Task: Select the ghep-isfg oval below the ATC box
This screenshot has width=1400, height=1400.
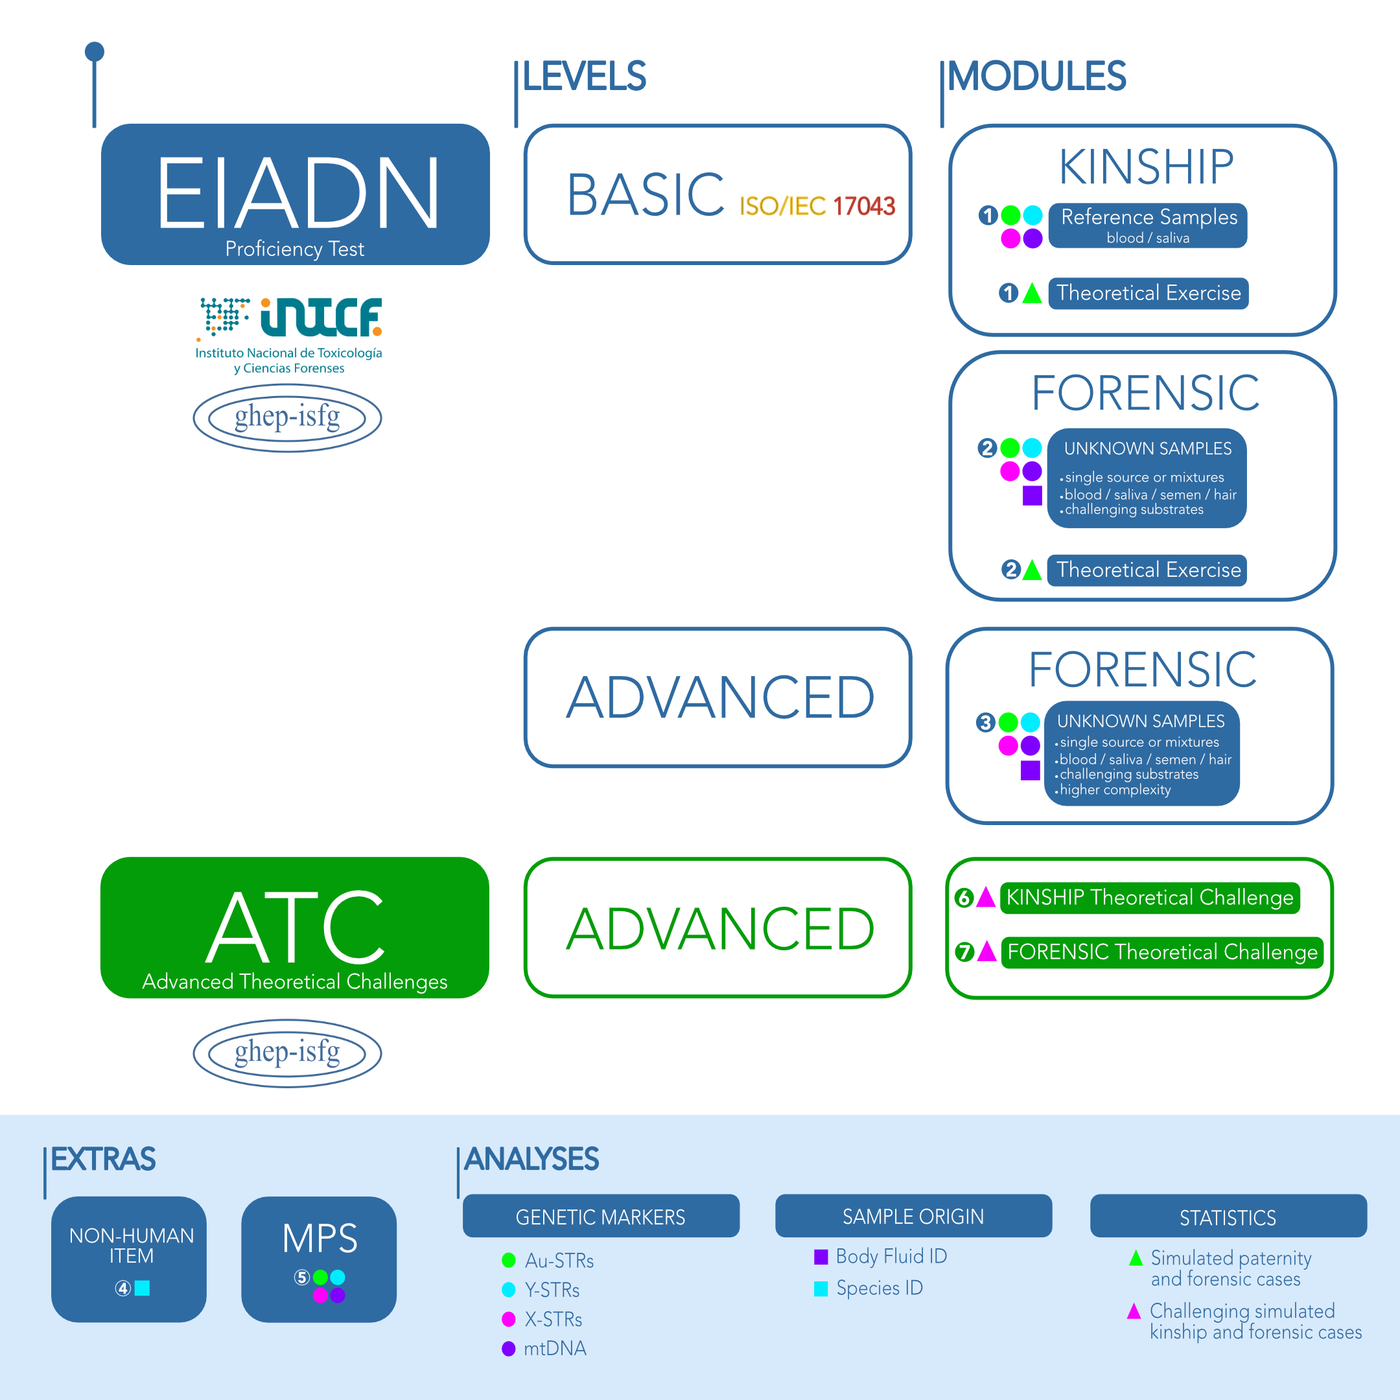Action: (x=287, y=1053)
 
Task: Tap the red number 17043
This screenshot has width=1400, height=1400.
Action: (x=864, y=207)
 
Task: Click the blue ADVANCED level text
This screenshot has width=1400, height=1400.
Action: (x=720, y=698)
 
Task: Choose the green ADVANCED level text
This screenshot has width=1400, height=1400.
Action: (x=720, y=929)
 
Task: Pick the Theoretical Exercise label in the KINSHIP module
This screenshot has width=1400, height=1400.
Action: (x=1148, y=293)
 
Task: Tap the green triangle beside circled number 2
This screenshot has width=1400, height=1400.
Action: (x=1032, y=570)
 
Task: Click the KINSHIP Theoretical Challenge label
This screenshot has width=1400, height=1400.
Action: (x=1149, y=897)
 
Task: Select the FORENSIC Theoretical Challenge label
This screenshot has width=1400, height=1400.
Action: (x=1161, y=951)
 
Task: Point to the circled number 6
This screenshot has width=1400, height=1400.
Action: (x=964, y=898)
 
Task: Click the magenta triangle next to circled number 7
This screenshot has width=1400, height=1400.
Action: (x=987, y=952)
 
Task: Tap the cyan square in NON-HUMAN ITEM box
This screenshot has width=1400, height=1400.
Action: (x=143, y=1288)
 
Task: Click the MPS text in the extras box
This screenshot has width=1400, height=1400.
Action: (x=320, y=1239)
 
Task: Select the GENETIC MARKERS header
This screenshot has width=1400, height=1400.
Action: (x=601, y=1217)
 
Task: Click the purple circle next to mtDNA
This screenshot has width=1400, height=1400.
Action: (x=509, y=1349)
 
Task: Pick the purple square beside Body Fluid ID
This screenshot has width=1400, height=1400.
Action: (x=821, y=1257)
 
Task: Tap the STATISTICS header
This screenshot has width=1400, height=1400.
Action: (x=1228, y=1217)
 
